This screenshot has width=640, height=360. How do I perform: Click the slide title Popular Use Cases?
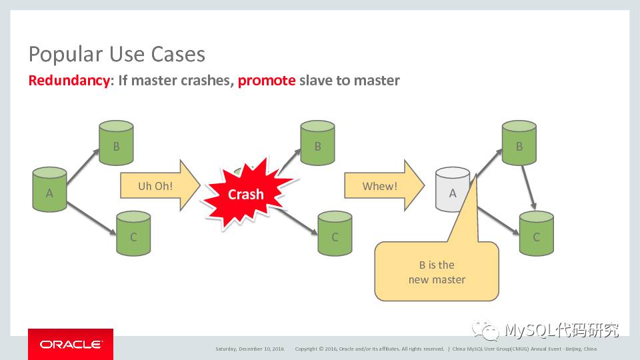pyautogui.click(x=117, y=54)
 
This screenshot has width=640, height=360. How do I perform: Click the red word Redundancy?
pyautogui.click(x=69, y=81)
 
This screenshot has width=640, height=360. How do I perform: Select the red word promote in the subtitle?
pyautogui.click(x=266, y=81)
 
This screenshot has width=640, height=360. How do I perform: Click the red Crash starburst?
pyautogui.click(x=245, y=194)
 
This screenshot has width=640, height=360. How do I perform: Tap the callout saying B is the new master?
pyautogui.click(x=437, y=272)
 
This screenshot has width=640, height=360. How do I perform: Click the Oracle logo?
pyautogui.click(x=71, y=345)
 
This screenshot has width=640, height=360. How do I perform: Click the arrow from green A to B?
pyautogui.click(x=82, y=167)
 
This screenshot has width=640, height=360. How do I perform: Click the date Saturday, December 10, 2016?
pyautogui.click(x=249, y=349)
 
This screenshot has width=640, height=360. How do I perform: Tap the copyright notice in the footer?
pyautogui.click(x=369, y=349)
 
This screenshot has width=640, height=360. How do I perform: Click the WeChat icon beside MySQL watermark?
pyautogui.click(x=485, y=330)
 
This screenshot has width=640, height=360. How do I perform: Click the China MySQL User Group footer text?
pyautogui.click(x=525, y=349)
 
